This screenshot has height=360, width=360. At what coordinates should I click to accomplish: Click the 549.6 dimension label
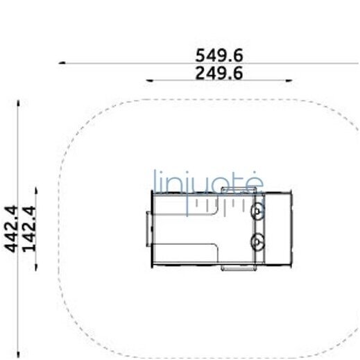click(219, 55)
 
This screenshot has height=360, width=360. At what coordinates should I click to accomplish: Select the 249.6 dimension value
click(219, 73)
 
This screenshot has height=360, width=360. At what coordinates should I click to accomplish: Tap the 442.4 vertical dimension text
click(11, 229)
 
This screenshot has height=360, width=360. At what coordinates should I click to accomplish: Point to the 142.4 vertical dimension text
click(29, 229)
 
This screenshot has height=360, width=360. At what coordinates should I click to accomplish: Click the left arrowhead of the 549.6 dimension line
click(62, 62)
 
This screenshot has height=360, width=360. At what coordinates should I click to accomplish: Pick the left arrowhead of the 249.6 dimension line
click(149, 80)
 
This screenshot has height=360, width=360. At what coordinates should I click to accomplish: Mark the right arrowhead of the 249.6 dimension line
click(289, 80)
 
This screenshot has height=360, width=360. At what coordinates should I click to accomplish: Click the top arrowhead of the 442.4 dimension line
click(18, 103)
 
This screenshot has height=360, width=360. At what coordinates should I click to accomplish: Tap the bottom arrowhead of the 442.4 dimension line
click(18, 354)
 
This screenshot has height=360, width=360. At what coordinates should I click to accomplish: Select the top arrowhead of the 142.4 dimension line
click(36, 190)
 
